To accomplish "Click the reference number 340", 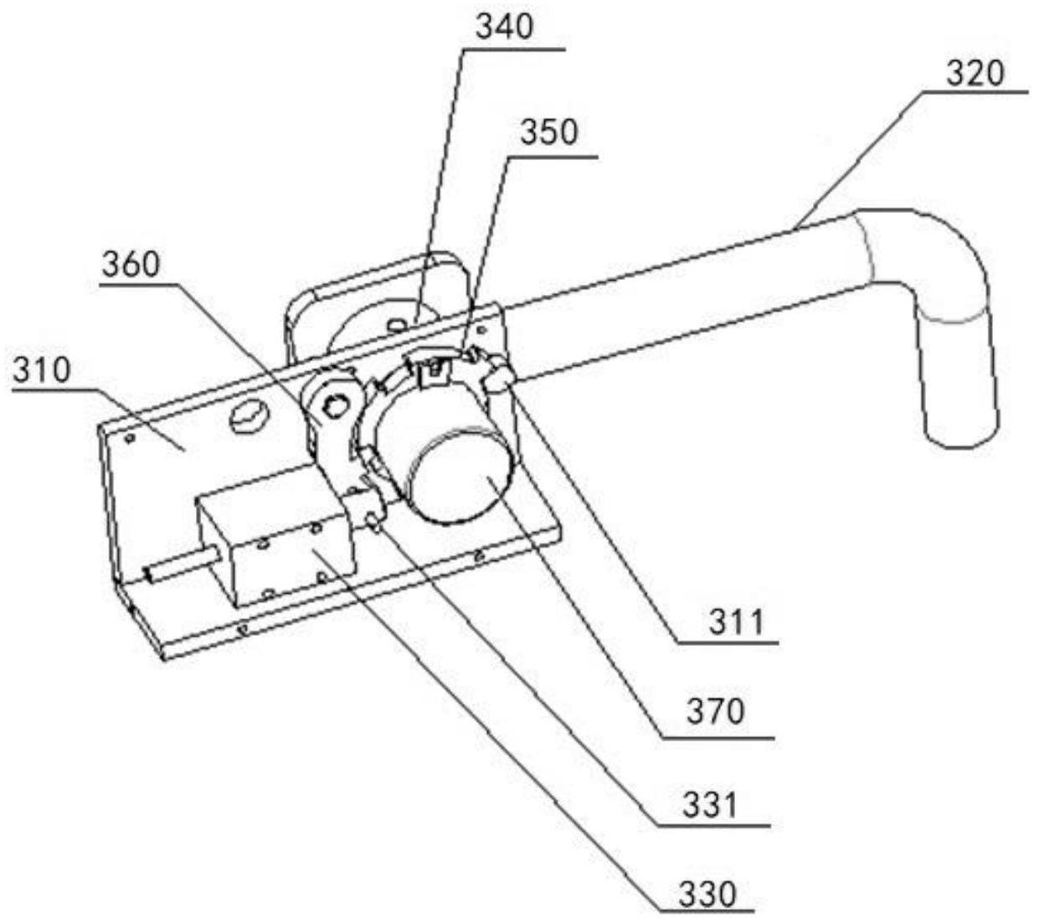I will [x=504, y=28].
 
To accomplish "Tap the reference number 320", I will [x=975, y=74].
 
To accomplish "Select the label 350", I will [x=548, y=132].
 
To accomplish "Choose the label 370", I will [x=715, y=712].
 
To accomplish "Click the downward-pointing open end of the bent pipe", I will [x=961, y=423].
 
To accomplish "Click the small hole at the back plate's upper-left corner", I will [x=129, y=436].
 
